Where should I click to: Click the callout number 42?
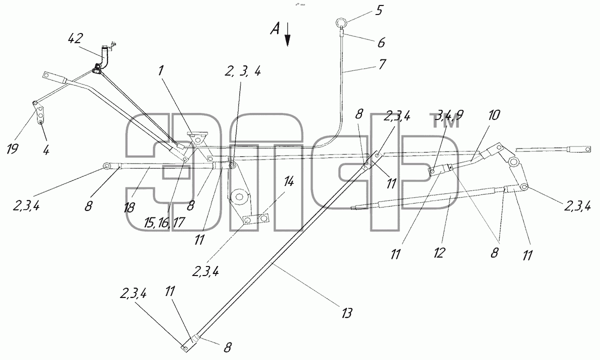click(75, 38)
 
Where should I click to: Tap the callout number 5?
click(379, 10)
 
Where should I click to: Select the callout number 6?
click(381, 42)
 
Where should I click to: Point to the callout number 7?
click(382, 64)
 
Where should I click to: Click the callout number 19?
click(12, 148)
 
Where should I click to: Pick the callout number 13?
click(346, 312)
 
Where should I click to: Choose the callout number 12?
click(439, 252)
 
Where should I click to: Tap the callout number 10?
click(494, 115)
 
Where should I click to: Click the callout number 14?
click(288, 182)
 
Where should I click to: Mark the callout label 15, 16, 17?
click(164, 222)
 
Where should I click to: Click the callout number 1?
click(160, 70)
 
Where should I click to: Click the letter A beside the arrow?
click(275, 28)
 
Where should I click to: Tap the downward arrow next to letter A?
click(287, 35)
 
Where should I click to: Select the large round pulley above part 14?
click(239, 197)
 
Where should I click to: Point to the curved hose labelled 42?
click(103, 57)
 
